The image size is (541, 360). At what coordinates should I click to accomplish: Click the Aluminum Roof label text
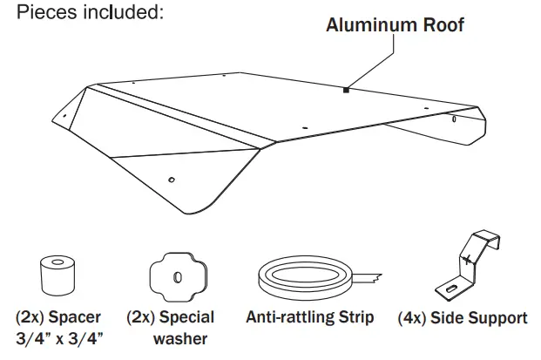tap(395, 25)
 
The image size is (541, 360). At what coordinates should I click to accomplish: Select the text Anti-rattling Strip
tap(309, 317)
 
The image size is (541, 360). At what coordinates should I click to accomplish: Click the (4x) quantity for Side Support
tap(414, 318)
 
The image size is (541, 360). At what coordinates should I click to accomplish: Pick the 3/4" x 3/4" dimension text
tap(58, 337)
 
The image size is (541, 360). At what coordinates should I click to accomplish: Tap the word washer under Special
tap(179, 337)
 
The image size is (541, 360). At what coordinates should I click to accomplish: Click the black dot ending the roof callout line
tap(346, 89)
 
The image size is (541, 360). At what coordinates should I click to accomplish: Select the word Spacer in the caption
tap(76, 317)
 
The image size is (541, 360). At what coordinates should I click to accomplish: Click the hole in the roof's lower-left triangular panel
tap(171, 180)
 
